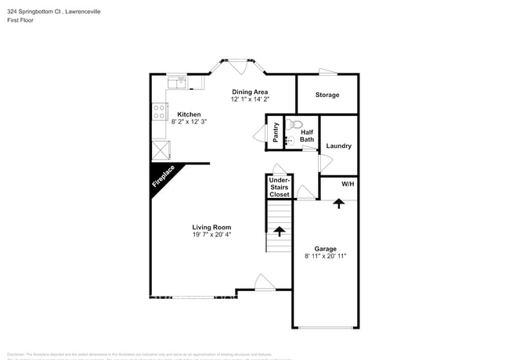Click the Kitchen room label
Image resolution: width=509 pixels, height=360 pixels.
tap(189, 114)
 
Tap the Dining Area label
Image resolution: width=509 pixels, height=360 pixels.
tap(250, 92)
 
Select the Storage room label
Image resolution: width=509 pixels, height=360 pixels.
tap(327, 95)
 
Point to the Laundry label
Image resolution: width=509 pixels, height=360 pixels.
tap(338, 146)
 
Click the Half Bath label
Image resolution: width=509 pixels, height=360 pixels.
tap(307, 135)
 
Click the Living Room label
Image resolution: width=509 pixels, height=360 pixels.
tap(211, 227)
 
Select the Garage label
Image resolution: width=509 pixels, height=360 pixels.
tap(325, 248)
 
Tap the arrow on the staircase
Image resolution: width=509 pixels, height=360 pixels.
tap(280, 232)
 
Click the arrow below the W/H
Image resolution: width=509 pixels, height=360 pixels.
tap(338, 203)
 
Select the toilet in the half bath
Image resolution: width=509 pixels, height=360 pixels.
tap(296, 124)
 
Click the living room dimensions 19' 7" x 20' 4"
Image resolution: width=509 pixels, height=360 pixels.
tap(211, 234)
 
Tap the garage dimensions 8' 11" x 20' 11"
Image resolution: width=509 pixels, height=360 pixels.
tap(325, 256)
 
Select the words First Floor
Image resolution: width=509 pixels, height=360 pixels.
tap(22, 20)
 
